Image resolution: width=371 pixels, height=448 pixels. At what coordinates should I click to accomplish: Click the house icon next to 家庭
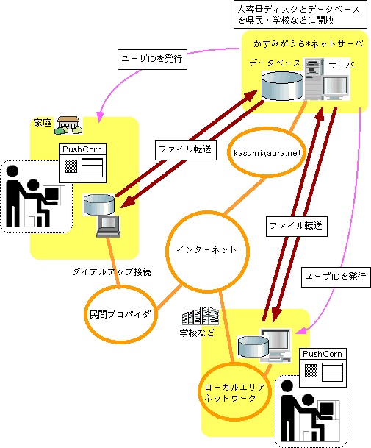click(x=68, y=125)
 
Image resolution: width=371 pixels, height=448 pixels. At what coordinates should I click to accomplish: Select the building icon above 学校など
click(x=201, y=316)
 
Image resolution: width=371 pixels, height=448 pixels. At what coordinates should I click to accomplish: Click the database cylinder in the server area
click(x=282, y=86)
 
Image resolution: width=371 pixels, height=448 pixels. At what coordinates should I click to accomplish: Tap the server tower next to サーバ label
click(x=314, y=79)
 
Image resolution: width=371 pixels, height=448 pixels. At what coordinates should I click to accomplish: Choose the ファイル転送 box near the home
click(x=185, y=150)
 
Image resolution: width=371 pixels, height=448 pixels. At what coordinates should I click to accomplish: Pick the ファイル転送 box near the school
click(x=297, y=227)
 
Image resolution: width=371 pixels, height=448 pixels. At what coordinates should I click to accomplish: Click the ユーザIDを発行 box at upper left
click(x=152, y=60)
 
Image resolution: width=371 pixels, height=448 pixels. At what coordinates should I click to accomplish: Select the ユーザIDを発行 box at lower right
click(x=336, y=277)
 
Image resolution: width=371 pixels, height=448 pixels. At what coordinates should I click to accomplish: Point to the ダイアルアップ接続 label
click(x=112, y=271)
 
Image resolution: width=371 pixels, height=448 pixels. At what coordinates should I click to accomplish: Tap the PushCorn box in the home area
click(x=82, y=163)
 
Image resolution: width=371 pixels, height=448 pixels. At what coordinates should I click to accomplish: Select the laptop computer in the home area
click(x=108, y=227)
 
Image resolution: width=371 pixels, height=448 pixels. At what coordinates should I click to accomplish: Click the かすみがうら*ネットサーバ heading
click(x=309, y=43)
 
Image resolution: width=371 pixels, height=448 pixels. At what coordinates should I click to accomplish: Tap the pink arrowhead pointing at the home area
click(x=100, y=116)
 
